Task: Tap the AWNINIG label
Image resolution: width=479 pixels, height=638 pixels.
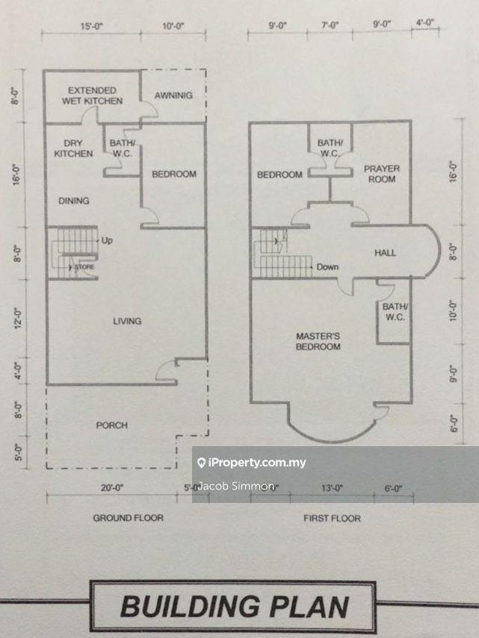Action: (173, 96)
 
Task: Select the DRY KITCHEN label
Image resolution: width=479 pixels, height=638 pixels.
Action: (73, 148)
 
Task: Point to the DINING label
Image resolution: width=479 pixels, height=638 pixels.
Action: (73, 200)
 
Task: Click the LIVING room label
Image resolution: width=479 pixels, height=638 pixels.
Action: (127, 321)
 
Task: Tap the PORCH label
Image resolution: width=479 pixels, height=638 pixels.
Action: (111, 425)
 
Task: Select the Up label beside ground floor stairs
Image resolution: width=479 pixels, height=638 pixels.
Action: (107, 241)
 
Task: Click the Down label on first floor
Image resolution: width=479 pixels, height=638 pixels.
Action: (328, 266)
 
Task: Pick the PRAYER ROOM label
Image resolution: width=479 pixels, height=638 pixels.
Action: (382, 174)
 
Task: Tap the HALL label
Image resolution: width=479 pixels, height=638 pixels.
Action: (385, 253)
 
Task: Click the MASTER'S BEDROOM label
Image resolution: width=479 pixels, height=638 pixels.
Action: (318, 341)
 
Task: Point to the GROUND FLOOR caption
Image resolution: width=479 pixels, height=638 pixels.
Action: (128, 518)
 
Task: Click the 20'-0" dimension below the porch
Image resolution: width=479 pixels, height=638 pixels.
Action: (113, 488)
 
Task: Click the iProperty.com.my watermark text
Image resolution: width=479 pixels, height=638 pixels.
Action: (257, 463)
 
